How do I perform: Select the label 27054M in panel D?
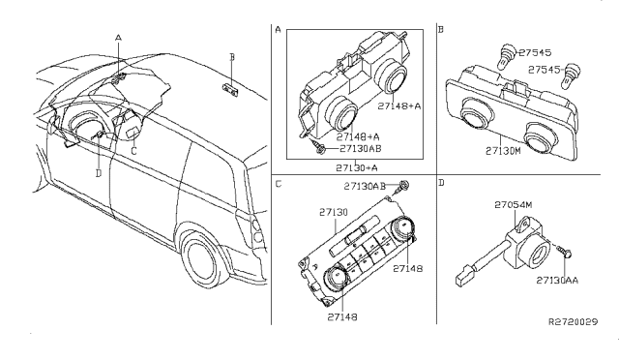click(516, 205)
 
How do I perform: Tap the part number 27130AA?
click(558, 280)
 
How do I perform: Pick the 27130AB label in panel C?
click(365, 185)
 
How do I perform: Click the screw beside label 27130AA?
click(567, 252)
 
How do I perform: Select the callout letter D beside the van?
click(99, 172)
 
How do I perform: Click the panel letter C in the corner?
click(279, 183)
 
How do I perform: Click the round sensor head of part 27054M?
click(532, 254)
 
